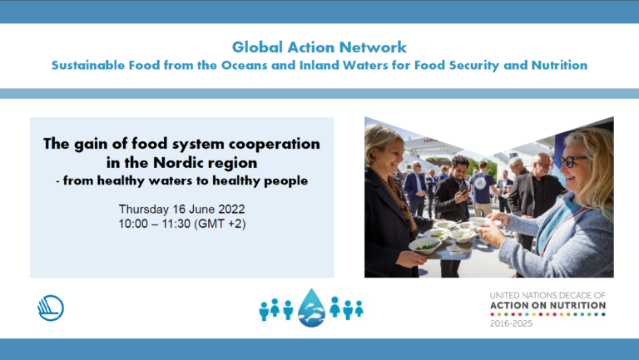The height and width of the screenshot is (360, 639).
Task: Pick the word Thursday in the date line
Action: click(143, 210)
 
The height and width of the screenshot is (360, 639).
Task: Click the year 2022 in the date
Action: click(231, 210)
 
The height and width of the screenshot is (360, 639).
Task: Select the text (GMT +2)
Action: click(220, 224)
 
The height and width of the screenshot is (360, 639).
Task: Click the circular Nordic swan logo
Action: click(51, 308)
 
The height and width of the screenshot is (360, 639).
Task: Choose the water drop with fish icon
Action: click(312, 308)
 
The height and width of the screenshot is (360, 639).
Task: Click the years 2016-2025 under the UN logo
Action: click(511, 323)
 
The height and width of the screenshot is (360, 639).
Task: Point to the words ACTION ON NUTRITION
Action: click(547, 305)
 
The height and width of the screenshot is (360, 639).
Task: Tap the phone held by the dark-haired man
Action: click(464, 188)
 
